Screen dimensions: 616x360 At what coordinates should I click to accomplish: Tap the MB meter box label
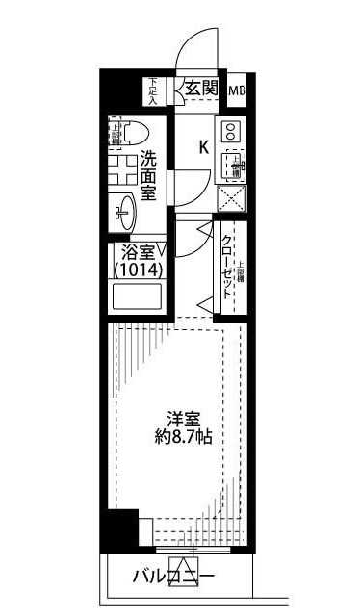click(236, 91)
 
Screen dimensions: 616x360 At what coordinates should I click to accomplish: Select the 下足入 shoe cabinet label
click(152, 90)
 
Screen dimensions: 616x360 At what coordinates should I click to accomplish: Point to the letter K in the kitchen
click(204, 147)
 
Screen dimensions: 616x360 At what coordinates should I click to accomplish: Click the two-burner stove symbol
click(230, 132)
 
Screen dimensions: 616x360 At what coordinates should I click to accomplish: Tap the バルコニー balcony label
click(173, 577)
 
